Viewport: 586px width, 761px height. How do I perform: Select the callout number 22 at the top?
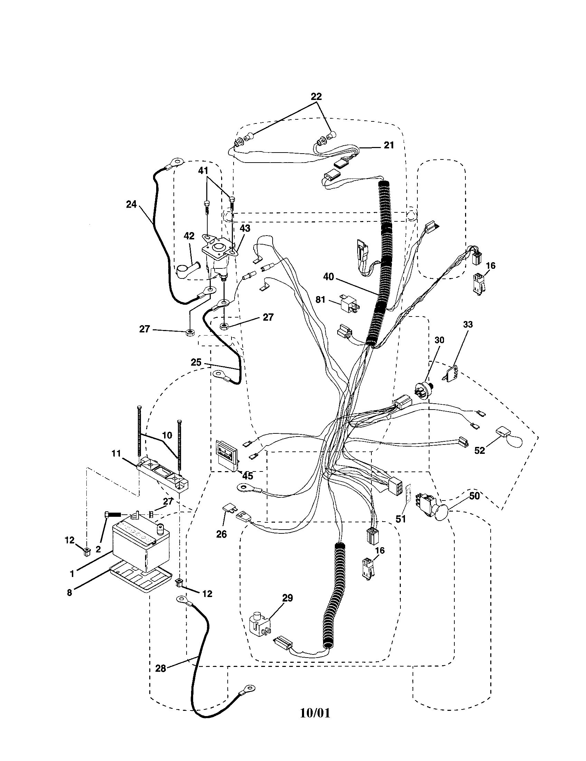[x=315, y=97]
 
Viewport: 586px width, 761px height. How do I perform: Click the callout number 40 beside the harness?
[x=328, y=277]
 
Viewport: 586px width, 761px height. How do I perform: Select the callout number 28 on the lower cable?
[x=161, y=668]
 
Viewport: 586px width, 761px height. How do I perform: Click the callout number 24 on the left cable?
[x=131, y=204]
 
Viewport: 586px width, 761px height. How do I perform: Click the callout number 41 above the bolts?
[x=203, y=171]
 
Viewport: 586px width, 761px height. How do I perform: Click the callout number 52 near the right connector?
[x=480, y=450]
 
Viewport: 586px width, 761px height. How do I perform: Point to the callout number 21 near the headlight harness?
[x=389, y=145]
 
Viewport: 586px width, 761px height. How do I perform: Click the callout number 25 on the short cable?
[x=196, y=363]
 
